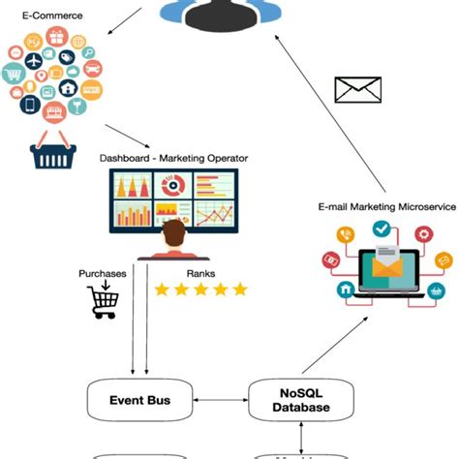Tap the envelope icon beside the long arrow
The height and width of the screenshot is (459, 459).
point(357,89)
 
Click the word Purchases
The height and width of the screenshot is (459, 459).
point(102,274)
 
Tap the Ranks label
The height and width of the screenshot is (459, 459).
point(175,274)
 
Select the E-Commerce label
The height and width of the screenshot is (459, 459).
point(39,15)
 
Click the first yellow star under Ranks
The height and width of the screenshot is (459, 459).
point(162,290)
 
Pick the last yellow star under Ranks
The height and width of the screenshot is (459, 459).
point(239,290)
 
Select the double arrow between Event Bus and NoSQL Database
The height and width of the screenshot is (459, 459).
point(220,399)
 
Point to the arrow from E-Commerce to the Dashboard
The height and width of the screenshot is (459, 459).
point(125,136)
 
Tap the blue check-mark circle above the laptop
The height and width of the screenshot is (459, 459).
point(381,229)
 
